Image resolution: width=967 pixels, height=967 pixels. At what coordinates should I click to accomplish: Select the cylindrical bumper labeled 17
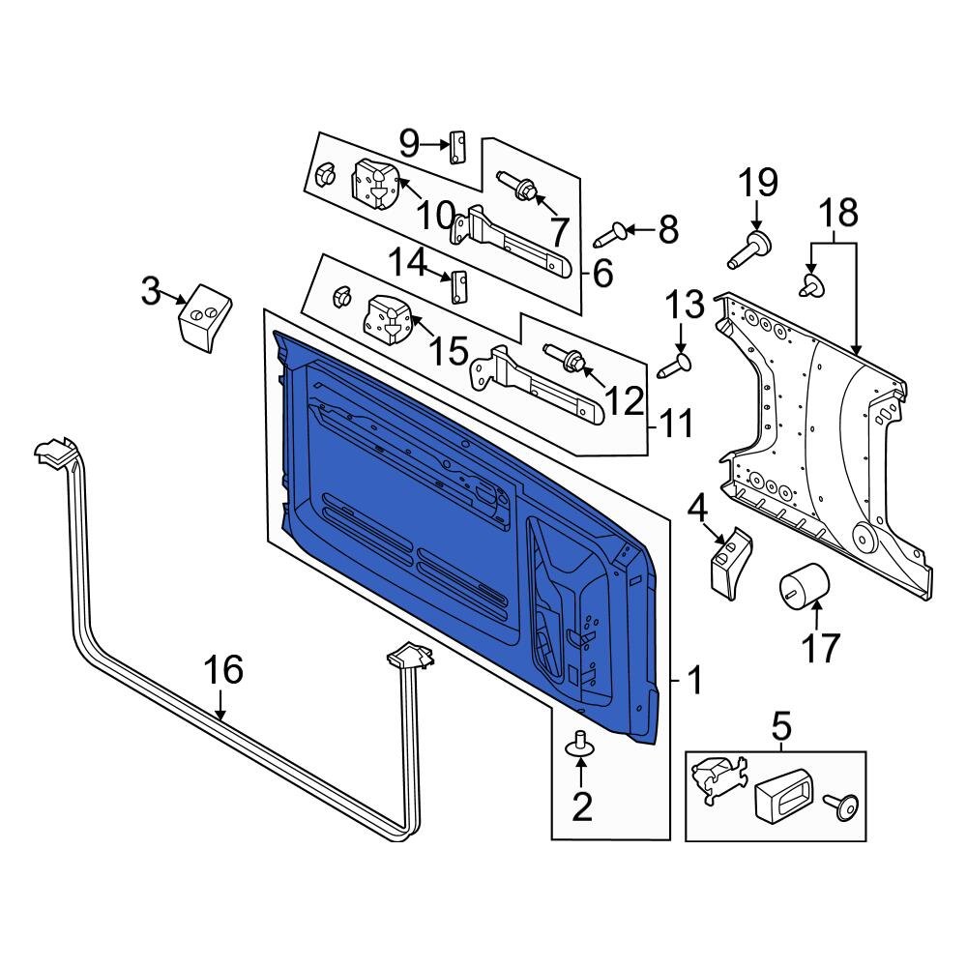click(805, 583)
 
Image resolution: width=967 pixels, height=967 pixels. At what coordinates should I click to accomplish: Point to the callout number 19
click(758, 183)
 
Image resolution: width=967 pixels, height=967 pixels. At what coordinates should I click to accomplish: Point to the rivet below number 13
click(675, 366)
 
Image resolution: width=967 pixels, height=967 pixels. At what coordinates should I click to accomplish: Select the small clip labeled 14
click(459, 285)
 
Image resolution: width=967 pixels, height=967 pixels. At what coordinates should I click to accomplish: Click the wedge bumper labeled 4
click(727, 559)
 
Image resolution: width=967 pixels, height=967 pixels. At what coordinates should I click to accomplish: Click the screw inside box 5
click(839, 802)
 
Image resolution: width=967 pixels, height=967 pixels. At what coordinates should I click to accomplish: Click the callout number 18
click(837, 212)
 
